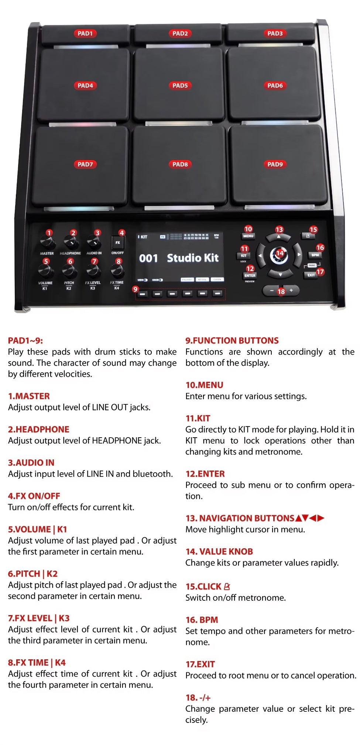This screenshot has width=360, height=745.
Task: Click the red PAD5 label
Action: (x=180, y=86)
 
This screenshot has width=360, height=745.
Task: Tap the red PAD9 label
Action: (x=275, y=164)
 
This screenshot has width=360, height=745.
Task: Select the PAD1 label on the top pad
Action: (x=85, y=34)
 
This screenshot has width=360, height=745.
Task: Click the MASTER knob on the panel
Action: (x=48, y=243)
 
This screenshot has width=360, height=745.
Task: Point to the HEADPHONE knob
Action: (x=71, y=243)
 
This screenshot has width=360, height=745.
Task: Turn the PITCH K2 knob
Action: (x=69, y=272)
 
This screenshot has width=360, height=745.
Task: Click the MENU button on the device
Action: (x=248, y=236)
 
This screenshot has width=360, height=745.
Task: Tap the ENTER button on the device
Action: (x=250, y=276)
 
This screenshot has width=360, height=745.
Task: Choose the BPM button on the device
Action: (x=315, y=255)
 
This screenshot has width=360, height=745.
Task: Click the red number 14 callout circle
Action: (x=280, y=253)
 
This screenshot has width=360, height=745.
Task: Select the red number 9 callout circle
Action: (x=136, y=289)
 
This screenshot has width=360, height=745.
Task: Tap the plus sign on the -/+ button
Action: (x=291, y=290)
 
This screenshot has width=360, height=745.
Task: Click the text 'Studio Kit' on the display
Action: (x=192, y=258)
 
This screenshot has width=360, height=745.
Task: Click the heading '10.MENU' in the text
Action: (x=204, y=385)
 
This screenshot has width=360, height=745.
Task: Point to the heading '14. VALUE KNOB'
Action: (x=219, y=551)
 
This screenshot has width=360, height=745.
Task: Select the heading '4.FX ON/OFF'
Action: (x=34, y=496)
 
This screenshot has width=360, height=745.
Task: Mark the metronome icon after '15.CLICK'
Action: (x=227, y=586)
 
